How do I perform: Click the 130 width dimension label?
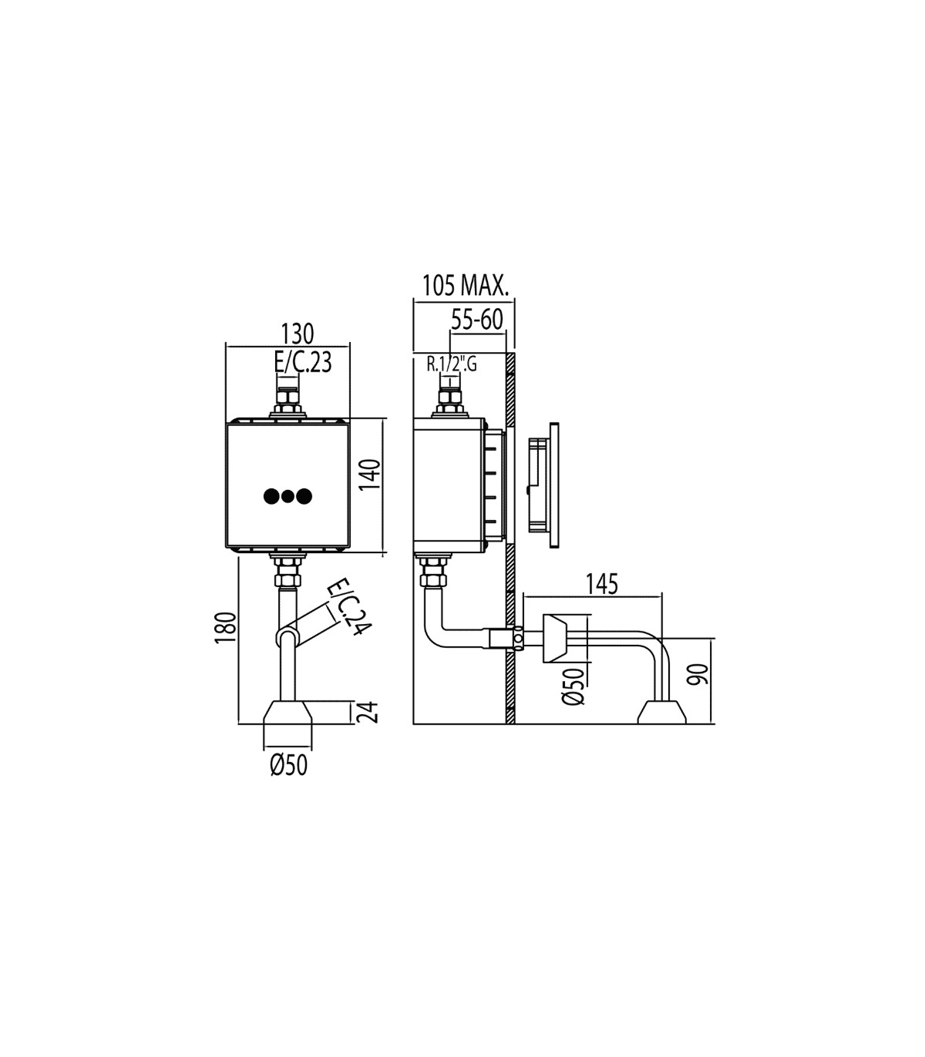(298, 334)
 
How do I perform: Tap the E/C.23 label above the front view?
(303, 361)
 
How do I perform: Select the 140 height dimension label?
(372, 475)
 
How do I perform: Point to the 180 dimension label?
(226, 627)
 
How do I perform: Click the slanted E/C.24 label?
(349, 606)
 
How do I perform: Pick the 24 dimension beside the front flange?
(371, 713)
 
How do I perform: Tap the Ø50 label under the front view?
(288, 765)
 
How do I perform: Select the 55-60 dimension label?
(477, 320)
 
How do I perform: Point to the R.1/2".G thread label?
(452, 364)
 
